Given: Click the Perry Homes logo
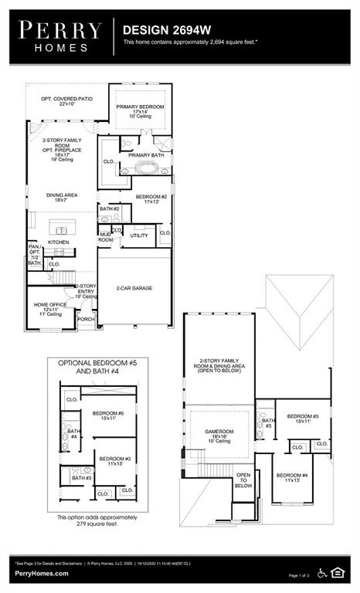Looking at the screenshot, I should (59, 36).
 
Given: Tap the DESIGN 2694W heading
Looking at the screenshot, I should (155, 29).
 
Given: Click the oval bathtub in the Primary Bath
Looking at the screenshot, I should (145, 168).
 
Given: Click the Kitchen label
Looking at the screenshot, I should (59, 242).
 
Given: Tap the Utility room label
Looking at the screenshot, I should (139, 236).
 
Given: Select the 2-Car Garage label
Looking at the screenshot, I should (134, 288).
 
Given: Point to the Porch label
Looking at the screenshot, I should (85, 319).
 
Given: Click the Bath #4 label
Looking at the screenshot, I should (73, 434).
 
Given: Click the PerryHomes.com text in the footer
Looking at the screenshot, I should (40, 574).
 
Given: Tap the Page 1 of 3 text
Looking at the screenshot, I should (297, 575).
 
